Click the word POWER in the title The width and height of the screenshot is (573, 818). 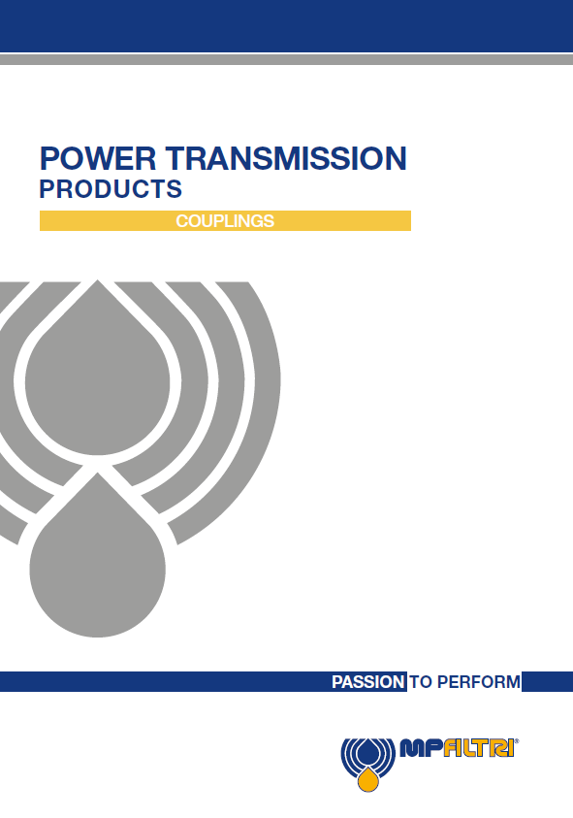click(x=98, y=158)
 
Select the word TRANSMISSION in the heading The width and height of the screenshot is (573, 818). click(x=286, y=158)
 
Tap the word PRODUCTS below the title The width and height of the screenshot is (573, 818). click(x=111, y=189)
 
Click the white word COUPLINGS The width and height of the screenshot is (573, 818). click(x=225, y=221)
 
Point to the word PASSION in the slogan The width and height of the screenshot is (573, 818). click(x=368, y=682)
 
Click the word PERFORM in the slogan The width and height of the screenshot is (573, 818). click(x=478, y=682)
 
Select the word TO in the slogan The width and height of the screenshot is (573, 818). click(x=421, y=682)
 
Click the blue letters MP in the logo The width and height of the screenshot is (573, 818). click(x=421, y=748)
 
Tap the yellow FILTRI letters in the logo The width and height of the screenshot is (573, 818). click(x=478, y=748)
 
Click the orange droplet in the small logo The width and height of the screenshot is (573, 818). click(x=368, y=779)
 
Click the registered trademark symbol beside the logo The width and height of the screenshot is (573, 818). click(x=517, y=740)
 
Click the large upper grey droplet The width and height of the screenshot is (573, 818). click(x=98, y=380)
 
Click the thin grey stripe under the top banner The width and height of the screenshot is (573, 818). click(x=286, y=59)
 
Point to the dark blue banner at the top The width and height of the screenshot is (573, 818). click(x=286, y=26)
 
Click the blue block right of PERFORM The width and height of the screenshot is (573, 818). click(x=548, y=682)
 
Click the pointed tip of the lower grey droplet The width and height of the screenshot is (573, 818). click(x=98, y=474)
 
